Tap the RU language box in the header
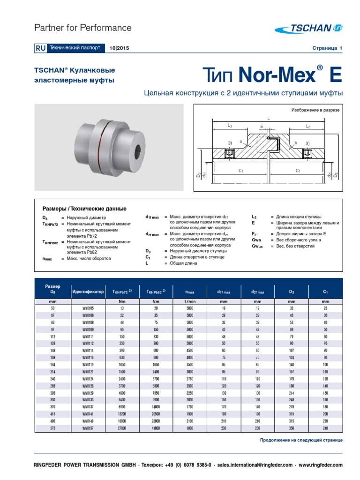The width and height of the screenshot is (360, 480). click(x=39, y=48)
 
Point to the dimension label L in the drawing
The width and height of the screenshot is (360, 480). click(x=269, y=119)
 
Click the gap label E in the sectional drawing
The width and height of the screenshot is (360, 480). click(x=261, y=127)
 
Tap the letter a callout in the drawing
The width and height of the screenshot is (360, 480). click(x=240, y=141)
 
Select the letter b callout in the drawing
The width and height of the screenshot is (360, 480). click(x=296, y=142)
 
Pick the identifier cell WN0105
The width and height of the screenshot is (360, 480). click(x=88, y=309)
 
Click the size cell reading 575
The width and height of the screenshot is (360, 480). click(x=52, y=428)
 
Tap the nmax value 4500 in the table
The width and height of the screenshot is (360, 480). click(x=189, y=351)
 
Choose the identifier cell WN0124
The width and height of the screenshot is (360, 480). click(x=88, y=379)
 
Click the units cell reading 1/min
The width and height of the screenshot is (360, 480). click(x=189, y=302)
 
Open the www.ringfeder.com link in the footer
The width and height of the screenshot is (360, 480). click(x=321, y=465)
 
